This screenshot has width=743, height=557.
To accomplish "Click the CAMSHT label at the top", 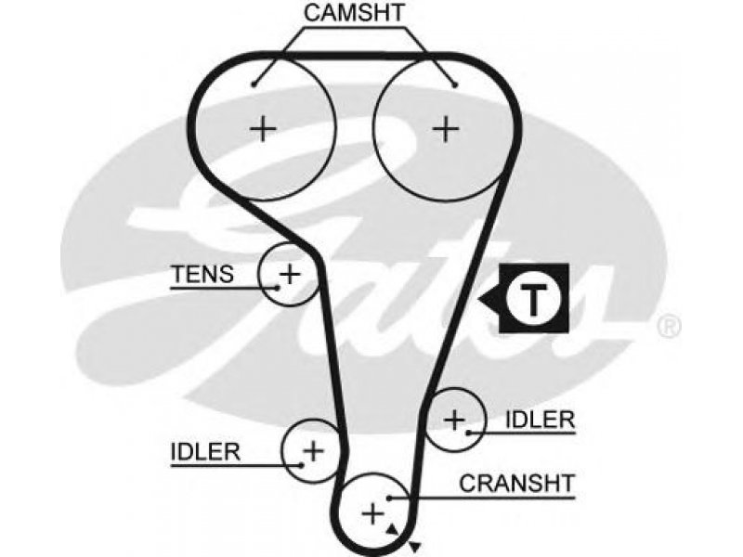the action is [x=354, y=13].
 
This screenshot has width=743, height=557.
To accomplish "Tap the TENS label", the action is [x=202, y=274].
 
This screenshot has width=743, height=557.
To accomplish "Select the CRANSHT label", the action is [x=516, y=484].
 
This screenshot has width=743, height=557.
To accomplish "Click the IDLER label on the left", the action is [x=205, y=452].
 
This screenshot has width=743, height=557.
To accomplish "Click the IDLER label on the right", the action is [x=541, y=420].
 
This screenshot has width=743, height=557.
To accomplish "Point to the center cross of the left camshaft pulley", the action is [x=263, y=128].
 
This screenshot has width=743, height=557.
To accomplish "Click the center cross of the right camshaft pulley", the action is [x=446, y=128].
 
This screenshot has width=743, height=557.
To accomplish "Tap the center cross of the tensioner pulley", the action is [x=290, y=274].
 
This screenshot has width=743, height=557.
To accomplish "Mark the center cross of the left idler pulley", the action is [x=313, y=450].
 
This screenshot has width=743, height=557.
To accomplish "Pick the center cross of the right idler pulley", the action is [x=454, y=420].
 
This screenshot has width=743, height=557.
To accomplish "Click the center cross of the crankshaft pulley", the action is [x=373, y=513].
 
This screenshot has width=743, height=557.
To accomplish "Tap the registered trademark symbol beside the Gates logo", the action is [x=669, y=326].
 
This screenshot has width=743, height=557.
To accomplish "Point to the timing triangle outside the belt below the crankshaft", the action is [x=414, y=546].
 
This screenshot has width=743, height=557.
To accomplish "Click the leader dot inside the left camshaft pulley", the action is [x=254, y=84].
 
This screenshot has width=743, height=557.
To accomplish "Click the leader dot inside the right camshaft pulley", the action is [x=455, y=85].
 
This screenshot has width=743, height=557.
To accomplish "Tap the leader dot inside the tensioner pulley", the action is [x=276, y=287].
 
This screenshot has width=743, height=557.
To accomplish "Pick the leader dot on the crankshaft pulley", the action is [x=388, y=498].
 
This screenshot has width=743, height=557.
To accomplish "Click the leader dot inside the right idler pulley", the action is [x=468, y=432].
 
